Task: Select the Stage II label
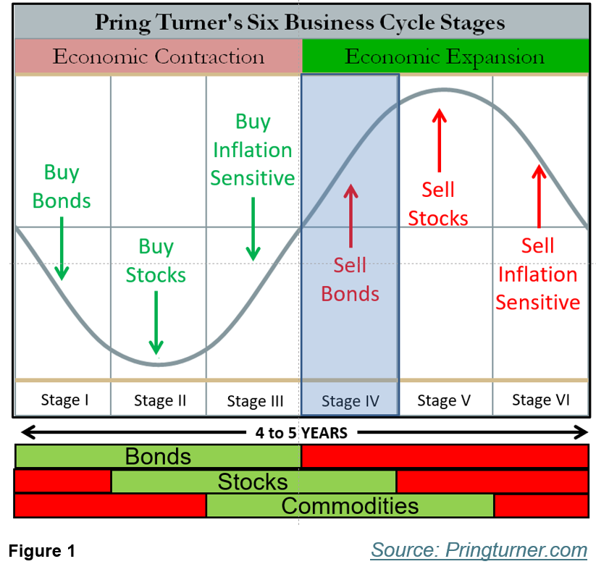coord(160,400)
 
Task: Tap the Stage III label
coord(255,400)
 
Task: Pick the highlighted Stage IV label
coord(351,400)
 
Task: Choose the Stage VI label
coord(541,400)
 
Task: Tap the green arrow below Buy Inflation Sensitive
coord(253,228)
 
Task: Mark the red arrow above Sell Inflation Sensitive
coord(538,196)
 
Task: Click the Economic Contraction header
coord(159,56)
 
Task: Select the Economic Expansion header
coord(445,56)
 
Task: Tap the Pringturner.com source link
coord(479,550)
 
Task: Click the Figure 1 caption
coord(43,551)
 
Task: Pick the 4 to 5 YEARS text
coord(302,433)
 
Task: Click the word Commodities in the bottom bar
coord(350,505)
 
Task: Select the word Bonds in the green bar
coord(158,457)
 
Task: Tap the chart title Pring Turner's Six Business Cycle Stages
coord(299,22)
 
